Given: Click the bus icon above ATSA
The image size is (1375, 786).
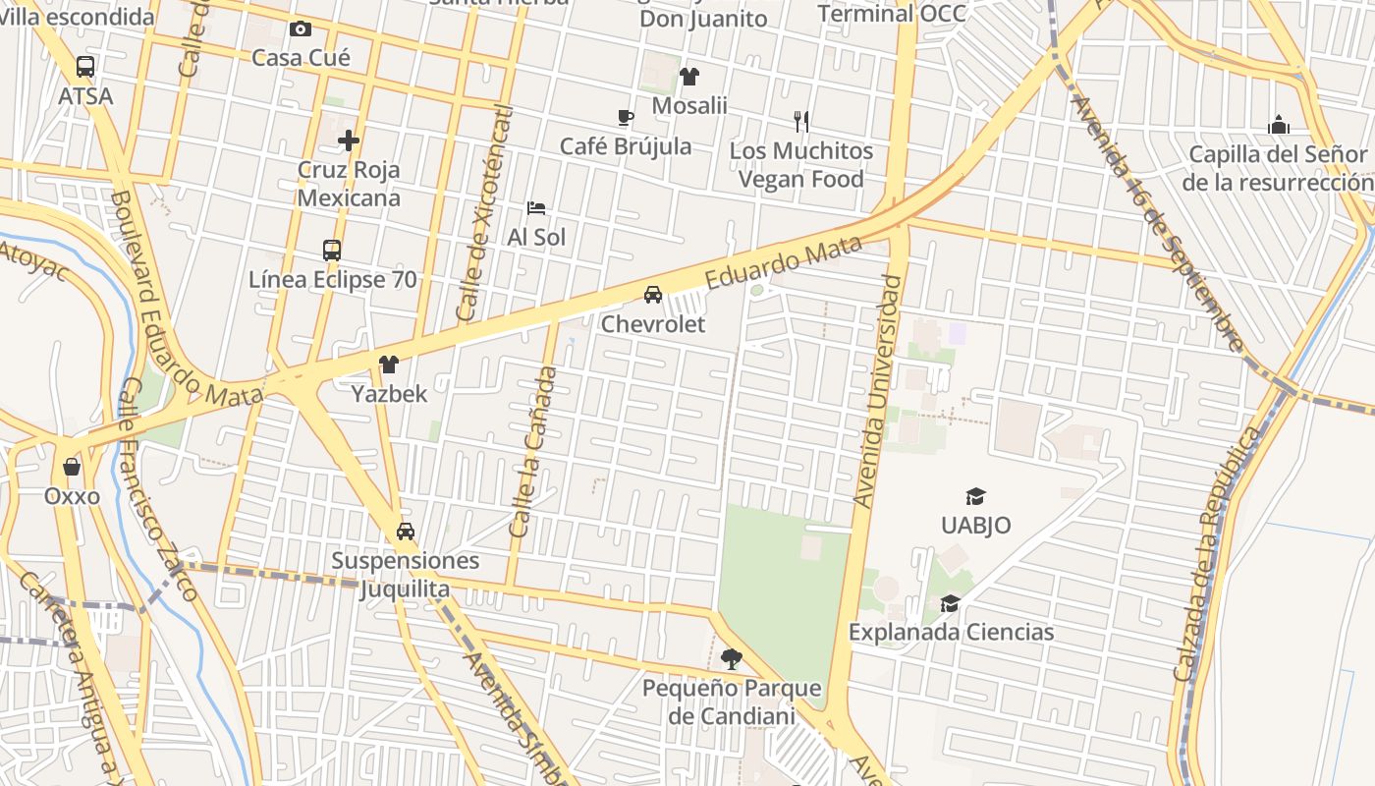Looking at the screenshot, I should (85, 67).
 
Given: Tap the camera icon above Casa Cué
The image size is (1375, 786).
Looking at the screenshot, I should (301, 29).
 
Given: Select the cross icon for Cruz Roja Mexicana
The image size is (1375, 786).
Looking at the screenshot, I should (349, 140).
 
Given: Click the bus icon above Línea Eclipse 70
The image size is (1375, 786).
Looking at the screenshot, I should (332, 251).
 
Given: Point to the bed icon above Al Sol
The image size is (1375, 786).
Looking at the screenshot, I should (536, 208).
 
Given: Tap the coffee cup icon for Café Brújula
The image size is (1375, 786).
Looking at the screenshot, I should (626, 118).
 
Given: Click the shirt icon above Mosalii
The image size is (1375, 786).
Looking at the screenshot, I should (689, 77).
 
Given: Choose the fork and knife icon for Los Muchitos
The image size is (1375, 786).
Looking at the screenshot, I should (801, 122).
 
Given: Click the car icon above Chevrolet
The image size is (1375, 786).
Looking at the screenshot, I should (653, 295).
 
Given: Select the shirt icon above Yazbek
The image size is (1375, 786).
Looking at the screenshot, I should (389, 365).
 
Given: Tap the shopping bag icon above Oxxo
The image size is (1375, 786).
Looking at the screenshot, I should (72, 467).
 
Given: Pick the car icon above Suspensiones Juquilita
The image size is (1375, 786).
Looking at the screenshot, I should (405, 532).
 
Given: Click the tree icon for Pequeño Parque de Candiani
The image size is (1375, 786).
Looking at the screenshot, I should (731, 659).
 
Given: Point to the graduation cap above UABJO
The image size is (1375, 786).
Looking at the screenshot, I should (975, 496).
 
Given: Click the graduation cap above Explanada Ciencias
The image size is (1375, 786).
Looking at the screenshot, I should (950, 603).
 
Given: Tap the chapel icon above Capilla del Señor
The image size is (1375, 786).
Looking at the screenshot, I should (1278, 125).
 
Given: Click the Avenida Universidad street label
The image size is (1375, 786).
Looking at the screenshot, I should (878, 391).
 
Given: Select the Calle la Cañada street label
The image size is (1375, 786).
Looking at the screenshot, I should (533, 451).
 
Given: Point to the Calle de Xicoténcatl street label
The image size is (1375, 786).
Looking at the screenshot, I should (485, 213).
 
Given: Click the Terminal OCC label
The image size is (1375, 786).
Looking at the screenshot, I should (892, 13).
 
